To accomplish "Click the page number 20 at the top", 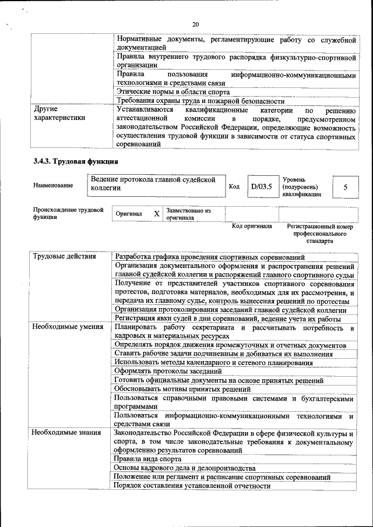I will point(195,24).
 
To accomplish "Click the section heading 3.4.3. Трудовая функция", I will point(76,161).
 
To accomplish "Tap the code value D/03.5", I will point(261,187).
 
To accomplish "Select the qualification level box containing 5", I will point(345,187).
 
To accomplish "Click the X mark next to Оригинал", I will point(156,214).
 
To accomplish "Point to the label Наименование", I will point(53,186).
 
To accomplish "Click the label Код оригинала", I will point(252,227).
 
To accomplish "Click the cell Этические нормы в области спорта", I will point(173,92).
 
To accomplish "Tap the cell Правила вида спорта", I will point(148,459).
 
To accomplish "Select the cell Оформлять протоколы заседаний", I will point(167,371).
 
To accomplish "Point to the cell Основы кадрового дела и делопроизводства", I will point(184,468).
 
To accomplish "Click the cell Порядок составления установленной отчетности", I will point(188,485).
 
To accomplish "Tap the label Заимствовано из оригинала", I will point(188,214).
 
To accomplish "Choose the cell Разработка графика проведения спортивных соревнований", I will point(210,257).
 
